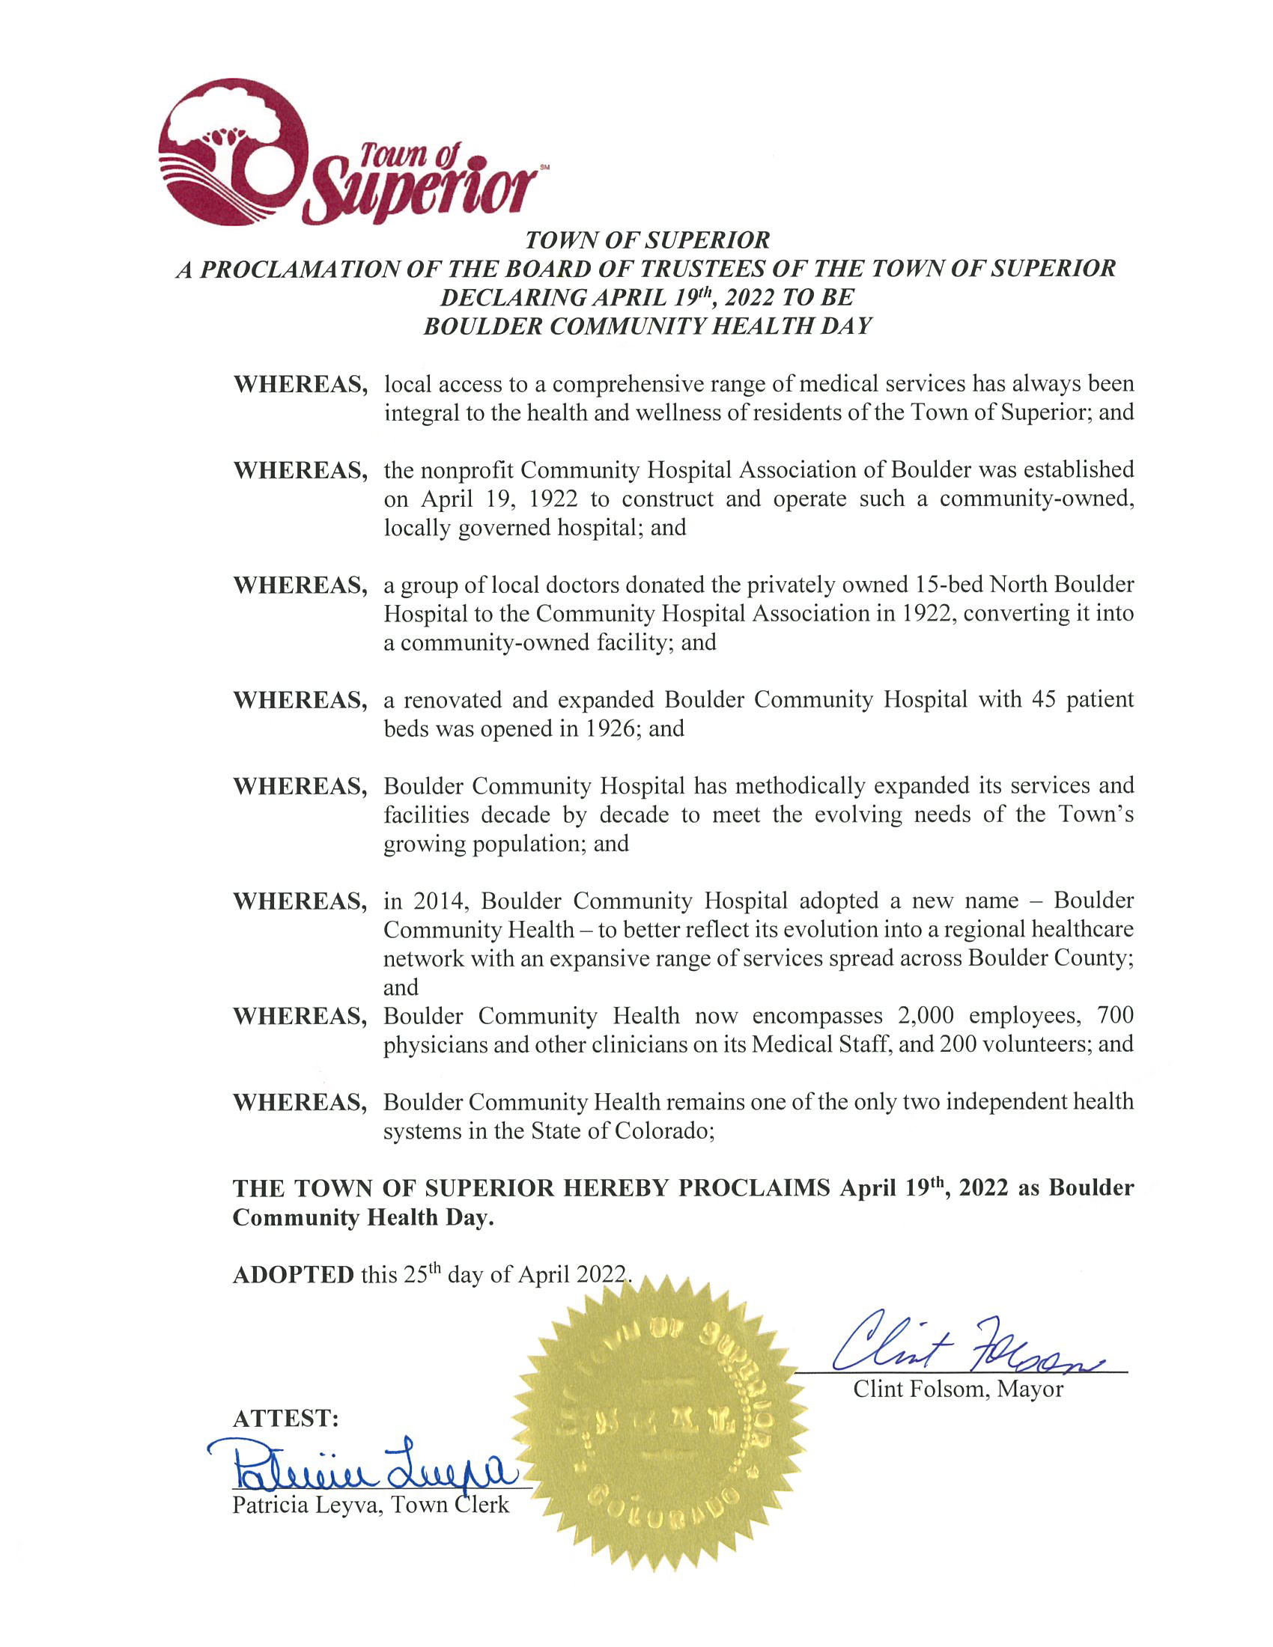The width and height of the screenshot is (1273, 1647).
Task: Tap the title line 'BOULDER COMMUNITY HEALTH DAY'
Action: [647, 326]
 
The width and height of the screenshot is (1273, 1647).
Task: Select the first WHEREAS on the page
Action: [300, 384]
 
